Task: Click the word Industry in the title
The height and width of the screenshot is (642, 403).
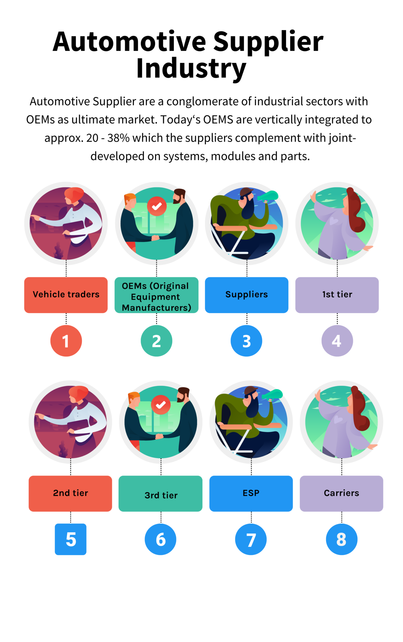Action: pyautogui.click(x=191, y=68)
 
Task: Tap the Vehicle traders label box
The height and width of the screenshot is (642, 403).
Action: pyautogui.click(x=66, y=295)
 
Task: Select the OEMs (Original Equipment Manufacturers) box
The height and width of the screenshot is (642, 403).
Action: pyautogui.click(x=156, y=295)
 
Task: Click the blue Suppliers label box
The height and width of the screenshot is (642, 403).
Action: pyautogui.click(x=247, y=295)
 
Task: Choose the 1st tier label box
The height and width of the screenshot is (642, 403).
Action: pyautogui.click(x=337, y=295)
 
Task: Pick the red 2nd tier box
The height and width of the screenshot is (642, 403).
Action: pyautogui.click(x=70, y=493)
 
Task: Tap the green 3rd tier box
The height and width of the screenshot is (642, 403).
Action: pyautogui.click(x=160, y=493)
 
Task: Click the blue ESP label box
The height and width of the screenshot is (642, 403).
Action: pyautogui.click(x=251, y=493)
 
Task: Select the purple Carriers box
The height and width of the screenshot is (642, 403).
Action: pyautogui.click(x=341, y=493)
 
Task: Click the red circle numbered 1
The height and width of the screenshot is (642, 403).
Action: pyautogui.click(x=66, y=341)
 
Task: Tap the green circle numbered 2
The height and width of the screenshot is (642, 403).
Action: pyautogui.click(x=156, y=341)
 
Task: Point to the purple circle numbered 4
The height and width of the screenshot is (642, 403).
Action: pyautogui.click(x=337, y=341)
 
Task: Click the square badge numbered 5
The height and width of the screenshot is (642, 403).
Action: pyautogui.click(x=71, y=539)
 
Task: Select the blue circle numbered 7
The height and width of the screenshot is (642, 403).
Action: pyautogui.click(x=251, y=539)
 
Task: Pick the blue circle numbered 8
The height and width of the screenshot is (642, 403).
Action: pyautogui.click(x=341, y=539)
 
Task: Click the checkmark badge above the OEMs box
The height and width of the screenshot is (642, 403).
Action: pyautogui.click(x=157, y=206)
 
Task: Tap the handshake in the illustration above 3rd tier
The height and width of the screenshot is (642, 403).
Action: pyautogui.click(x=160, y=436)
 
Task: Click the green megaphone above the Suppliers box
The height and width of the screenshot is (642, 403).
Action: pyautogui.click(x=268, y=197)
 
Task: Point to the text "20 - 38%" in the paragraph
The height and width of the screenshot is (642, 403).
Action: pyautogui.click(x=107, y=138)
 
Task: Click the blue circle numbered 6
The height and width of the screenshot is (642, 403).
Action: pyautogui.click(x=160, y=539)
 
